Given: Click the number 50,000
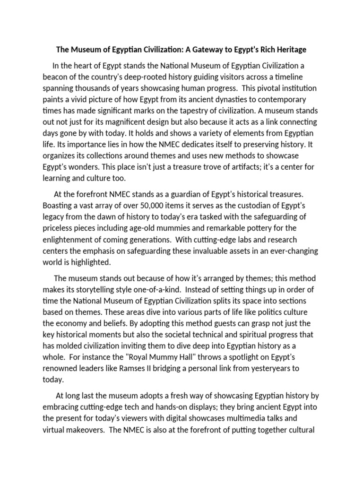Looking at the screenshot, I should tap(147, 206).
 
